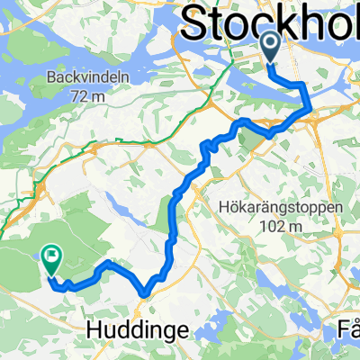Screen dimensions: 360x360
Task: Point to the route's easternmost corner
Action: (x=310, y=110)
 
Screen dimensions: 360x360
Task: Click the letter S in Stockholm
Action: (x=195, y=22)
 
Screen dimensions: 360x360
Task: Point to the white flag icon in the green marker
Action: (x=51, y=256)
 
